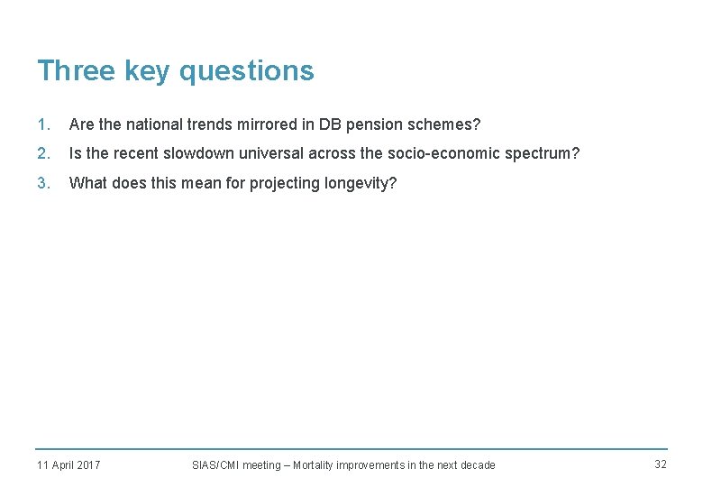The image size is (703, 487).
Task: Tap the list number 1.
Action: point(42,124)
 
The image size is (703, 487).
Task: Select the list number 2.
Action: point(42,153)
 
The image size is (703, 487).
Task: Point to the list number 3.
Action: point(42,183)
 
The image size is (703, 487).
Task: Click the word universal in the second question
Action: point(269,153)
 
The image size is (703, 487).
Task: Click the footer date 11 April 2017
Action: point(68,465)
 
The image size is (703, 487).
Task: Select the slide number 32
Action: point(661,464)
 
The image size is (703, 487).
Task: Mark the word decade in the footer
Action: point(478,465)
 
